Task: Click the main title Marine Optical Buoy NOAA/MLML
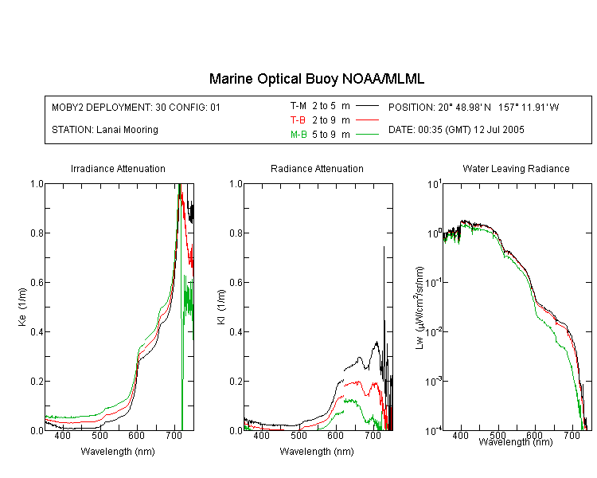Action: (316, 79)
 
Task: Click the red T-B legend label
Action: (298, 120)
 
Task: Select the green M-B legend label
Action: (298, 135)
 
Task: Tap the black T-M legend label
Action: (298, 106)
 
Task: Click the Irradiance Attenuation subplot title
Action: (118, 168)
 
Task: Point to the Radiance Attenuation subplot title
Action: (317, 168)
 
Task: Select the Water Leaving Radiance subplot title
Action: (516, 168)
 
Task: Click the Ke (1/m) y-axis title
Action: (22, 307)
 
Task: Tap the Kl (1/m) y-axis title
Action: (221, 307)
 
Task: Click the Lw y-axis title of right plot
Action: (419, 308)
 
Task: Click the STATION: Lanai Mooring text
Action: (105, 130)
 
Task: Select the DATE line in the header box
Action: (456, 130)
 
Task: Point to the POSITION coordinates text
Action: (474, 107)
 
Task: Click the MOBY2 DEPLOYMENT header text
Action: (136, 107)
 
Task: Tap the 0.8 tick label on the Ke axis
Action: (37, 233)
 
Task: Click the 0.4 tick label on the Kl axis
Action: (236, 331)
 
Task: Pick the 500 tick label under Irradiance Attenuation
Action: (99, 435)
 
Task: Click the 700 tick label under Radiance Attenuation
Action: (373, 435)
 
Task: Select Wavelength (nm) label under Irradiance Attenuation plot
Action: (118, 452)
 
